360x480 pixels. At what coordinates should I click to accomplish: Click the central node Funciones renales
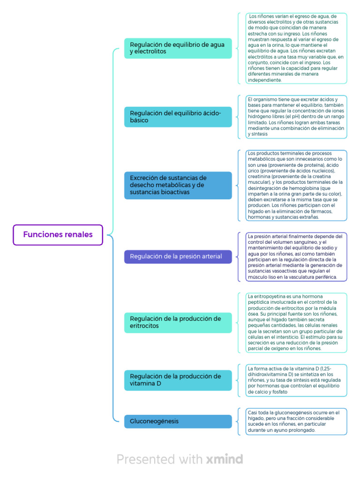(x=58, y=235)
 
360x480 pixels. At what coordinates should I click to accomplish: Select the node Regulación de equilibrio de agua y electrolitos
(x=178, y=48)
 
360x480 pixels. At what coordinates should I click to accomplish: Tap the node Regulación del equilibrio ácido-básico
(x=178, y=117)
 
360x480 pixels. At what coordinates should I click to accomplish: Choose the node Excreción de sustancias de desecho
(x=178, y=185)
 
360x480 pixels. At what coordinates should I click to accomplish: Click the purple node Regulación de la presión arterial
(x=178, y=257)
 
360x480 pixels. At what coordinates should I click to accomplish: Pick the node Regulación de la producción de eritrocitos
(x=178, y=322)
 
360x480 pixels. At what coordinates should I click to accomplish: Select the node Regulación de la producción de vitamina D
(x=178, y=380)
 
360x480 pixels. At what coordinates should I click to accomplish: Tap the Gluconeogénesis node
(x=178, y=421)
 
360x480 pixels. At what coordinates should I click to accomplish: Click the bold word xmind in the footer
(x=225, y=459)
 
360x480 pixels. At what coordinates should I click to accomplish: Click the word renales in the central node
(x=78, y=235)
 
